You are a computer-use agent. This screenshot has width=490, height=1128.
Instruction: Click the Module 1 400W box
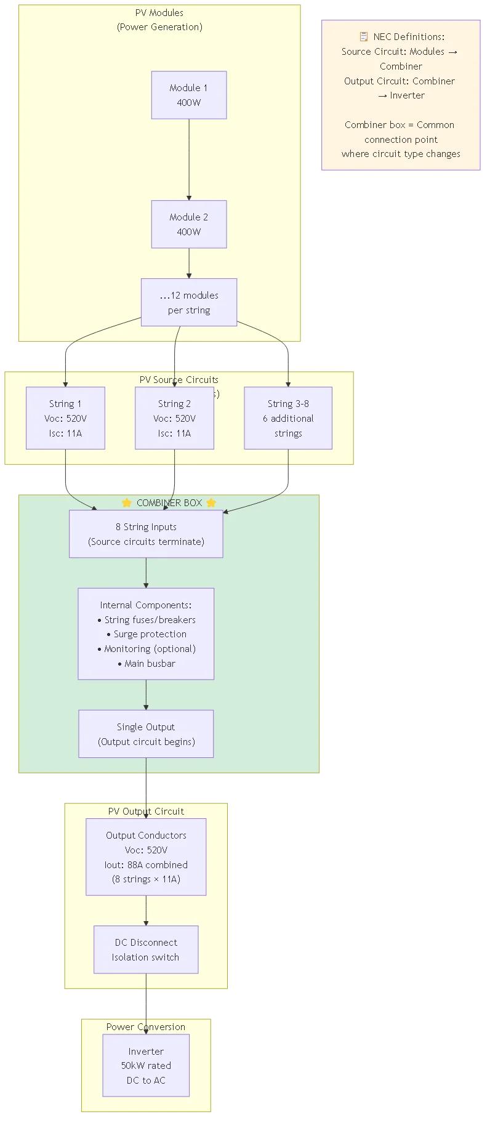pos(189,95)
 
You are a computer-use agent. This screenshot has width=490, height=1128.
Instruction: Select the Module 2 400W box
pos(189,224)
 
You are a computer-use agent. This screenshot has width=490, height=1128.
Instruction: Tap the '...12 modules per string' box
pos(189,302)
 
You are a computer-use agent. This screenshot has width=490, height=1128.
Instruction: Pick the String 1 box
pos(65,418)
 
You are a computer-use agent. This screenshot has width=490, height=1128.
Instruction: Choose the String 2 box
pos(174,418)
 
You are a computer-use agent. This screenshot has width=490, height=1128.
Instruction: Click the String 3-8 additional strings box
pos(288,418)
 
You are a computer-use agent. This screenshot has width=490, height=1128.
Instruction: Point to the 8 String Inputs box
pos(146,534)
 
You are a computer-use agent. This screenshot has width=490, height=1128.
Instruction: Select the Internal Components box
pos(146,634)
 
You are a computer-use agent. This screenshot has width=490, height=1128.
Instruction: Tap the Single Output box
pos(146,734)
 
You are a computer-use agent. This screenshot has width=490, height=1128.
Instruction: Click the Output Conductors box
pos(146,857)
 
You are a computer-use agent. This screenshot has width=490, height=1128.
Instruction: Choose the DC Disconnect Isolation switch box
pos(146,949)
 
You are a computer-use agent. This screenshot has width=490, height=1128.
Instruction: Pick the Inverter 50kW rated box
pos(146,1065)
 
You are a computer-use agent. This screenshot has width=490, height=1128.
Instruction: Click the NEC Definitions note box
pos(401,95)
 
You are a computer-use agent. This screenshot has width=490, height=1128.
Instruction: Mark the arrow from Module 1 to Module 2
pos(189,159)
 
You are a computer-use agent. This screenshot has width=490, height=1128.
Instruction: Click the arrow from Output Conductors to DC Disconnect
pos(146,910)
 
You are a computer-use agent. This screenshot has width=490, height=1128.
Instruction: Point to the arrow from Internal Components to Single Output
pos(146,695)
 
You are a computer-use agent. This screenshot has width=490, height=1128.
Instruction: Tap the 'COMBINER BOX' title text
pos(169,503)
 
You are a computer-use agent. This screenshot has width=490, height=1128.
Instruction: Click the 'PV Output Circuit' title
pos(146,812)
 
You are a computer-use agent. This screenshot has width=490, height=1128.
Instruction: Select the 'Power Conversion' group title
pos(146,1027)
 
